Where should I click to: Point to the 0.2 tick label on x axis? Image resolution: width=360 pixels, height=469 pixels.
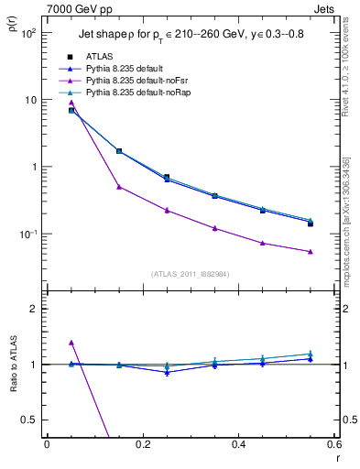coord(142,446)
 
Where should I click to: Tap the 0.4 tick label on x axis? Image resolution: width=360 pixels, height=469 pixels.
coord(238,446)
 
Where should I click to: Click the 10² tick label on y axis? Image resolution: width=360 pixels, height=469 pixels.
coord(28,33)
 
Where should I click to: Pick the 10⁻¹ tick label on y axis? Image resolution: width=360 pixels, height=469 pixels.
coord(27,234)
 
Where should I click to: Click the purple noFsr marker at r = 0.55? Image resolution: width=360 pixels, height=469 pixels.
coord(310,252)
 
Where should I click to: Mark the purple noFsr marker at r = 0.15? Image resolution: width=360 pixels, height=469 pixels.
coord(119,187)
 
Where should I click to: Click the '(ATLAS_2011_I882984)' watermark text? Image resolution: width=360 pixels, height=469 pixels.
coord(190,273)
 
